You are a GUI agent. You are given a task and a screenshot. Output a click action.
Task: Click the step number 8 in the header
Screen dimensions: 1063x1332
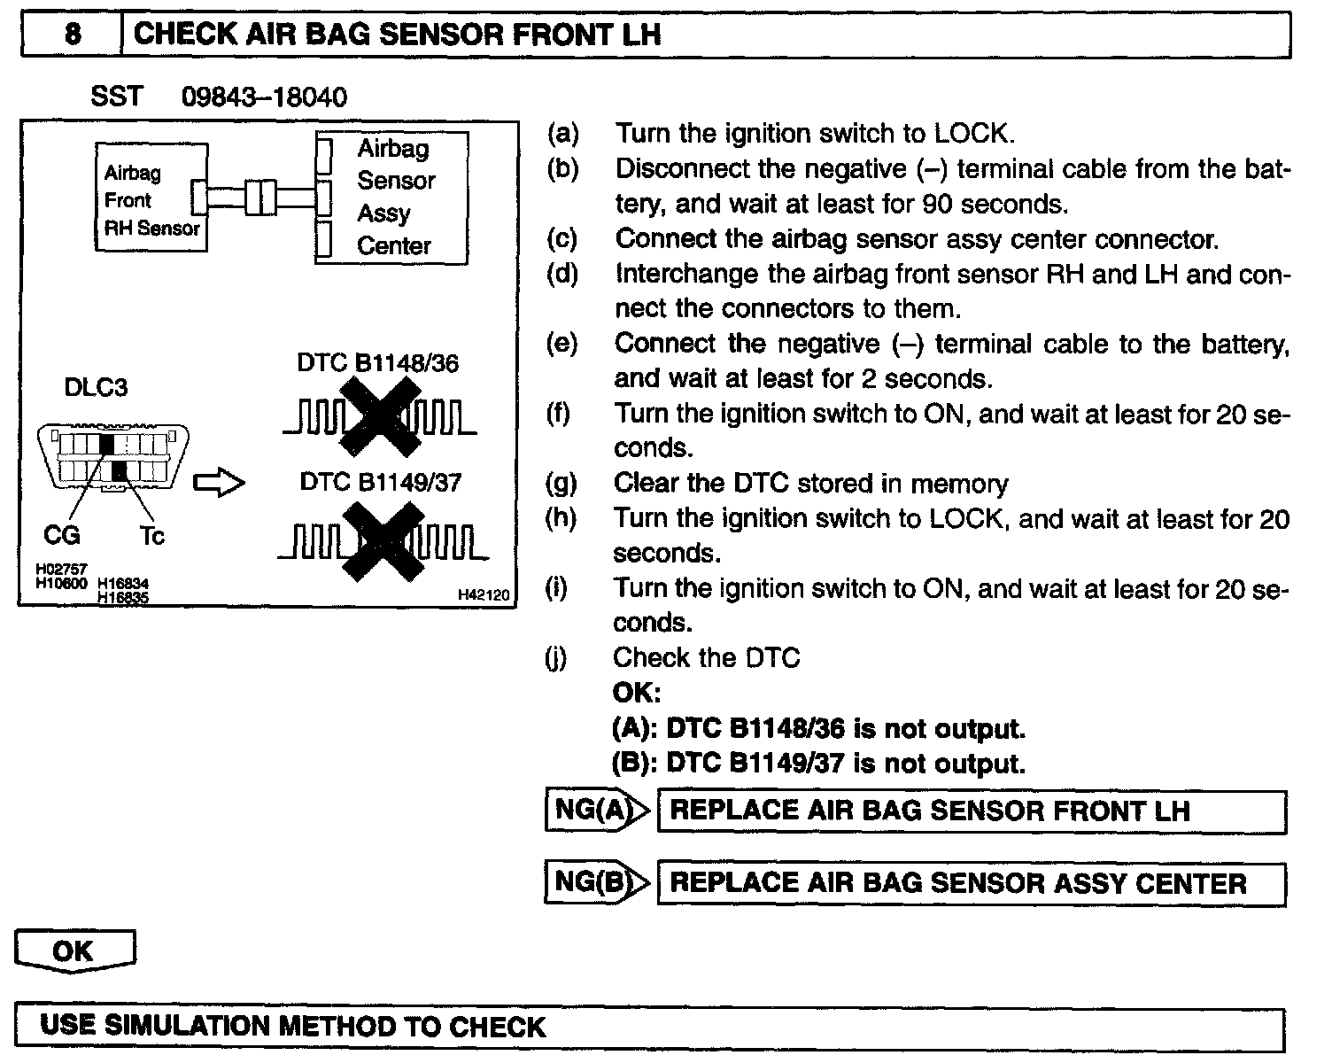(73, 35)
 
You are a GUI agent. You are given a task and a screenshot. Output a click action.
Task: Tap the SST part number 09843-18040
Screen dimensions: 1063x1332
(264, 97)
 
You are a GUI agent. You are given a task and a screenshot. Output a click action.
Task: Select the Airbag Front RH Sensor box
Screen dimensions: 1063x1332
(151, 198)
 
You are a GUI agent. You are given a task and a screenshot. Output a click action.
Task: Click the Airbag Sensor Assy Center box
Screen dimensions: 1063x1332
(392, 198)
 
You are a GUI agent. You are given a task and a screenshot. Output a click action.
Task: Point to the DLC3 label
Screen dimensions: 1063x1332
(96, 388)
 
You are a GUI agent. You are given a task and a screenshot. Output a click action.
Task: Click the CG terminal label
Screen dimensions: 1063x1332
(62, 535)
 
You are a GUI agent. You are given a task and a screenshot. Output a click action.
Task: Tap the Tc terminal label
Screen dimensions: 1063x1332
(151, 536)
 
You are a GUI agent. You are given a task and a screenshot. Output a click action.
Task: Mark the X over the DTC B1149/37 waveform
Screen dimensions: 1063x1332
(384, 541)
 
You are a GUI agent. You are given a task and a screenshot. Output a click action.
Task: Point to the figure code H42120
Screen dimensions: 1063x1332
(484, 595)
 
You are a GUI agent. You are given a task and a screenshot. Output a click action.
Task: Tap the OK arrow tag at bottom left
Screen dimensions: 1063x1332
(74, 950)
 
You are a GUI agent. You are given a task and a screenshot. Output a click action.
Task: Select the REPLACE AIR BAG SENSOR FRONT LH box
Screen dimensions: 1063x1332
(971, 811)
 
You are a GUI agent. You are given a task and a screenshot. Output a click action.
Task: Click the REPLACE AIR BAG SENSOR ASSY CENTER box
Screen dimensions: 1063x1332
(971, 883)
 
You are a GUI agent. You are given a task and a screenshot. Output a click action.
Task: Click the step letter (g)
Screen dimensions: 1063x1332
(561, 483)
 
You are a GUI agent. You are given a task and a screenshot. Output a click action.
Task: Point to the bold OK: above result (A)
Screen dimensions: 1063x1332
(636, 692)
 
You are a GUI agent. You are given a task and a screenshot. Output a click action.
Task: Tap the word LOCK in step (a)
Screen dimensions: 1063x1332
(971, 134)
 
